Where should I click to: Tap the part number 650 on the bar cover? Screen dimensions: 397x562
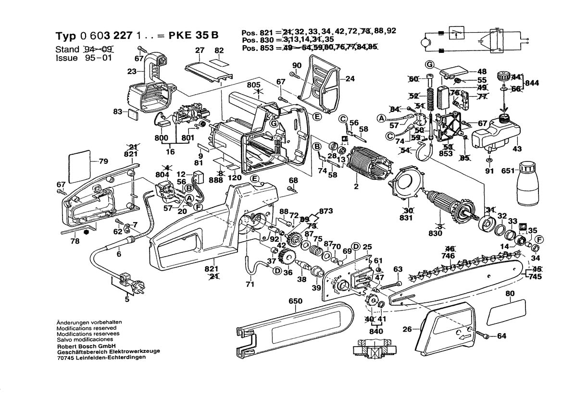click(x=295, y=301)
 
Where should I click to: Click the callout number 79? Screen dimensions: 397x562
click(x=103, y=161)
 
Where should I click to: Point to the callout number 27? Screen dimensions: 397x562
click(x=200, y=50)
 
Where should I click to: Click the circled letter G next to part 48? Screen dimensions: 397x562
click(x=430, y=64)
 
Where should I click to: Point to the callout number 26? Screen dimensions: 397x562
click(x=407, y=330)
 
